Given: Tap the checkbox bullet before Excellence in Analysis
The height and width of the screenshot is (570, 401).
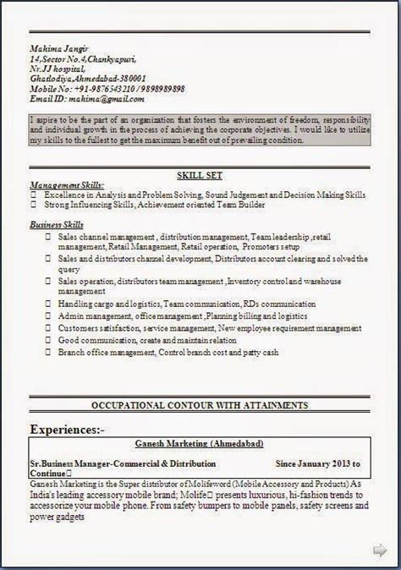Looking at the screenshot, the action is (35, 195).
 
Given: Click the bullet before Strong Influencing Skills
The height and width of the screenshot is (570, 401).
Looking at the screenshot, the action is (35, 205).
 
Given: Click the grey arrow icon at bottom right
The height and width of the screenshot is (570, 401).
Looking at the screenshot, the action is (380, 551).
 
